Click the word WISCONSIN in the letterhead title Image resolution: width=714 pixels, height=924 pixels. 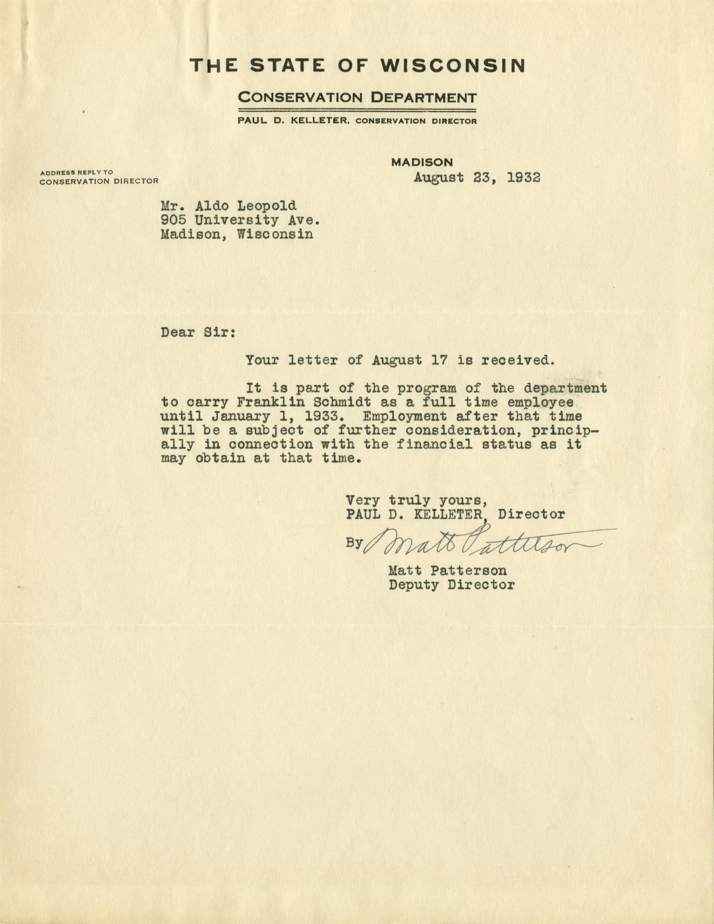tap(453, 66)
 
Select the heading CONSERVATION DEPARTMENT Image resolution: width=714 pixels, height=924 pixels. tap(358, 98)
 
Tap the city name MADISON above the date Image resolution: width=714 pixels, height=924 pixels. tap(422, 162)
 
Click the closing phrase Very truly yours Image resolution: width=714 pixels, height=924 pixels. tap(417, 501)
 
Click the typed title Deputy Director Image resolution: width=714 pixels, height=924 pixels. tap(452, 585)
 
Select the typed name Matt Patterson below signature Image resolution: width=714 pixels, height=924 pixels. tap(447, 571)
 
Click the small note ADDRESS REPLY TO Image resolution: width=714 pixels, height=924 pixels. tap(77, 173)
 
